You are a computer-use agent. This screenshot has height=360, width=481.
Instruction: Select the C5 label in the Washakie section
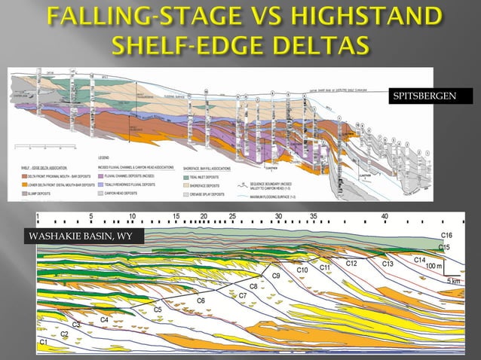(x=158, y=310)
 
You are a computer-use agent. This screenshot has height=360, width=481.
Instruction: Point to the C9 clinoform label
(x=276, y=276)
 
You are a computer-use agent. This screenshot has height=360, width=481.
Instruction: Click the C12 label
(x=351, y=264)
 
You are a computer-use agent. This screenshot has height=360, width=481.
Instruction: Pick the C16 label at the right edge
(x=446, y=236)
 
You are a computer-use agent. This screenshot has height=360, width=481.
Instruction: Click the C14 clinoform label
(x=419, y=259)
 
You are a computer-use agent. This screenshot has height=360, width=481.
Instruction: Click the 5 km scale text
(x=454, y=280)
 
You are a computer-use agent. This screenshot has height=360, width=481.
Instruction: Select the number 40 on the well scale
(x=385, y=217)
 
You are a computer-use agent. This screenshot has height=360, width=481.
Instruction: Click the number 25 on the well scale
(x=232, y=217)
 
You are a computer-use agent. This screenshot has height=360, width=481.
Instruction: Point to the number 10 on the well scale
(x=132, y=217)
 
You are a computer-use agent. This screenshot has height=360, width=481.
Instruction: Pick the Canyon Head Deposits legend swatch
(x=101, y=194)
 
